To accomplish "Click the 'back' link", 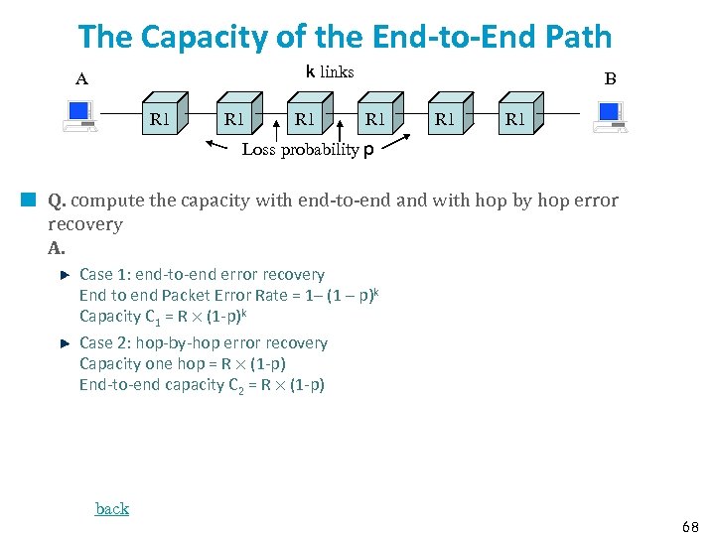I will pos(112,508).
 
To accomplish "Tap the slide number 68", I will pos(690,524).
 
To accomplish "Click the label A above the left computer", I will pos(81,79).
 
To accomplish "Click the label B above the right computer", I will pos(610,79).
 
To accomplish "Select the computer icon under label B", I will pos(608,117).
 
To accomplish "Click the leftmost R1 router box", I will pos(163,118).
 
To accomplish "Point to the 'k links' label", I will pos(330,71).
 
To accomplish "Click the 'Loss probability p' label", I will pos(308,150).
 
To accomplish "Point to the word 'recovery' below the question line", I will pos(85,224).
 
